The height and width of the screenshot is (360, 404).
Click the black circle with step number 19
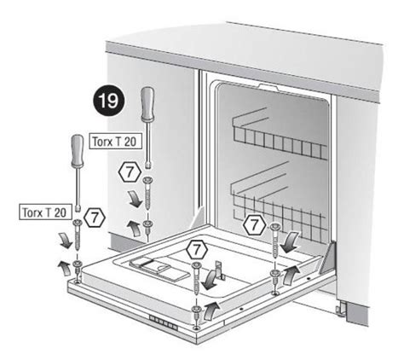pos(109,101)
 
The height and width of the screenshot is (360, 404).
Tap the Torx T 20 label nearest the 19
pos(115,141)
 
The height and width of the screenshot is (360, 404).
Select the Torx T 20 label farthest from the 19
pos(45,212)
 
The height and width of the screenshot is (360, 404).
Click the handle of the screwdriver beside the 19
pos(147,103)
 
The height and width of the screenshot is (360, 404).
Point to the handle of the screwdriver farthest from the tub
pos(78,151)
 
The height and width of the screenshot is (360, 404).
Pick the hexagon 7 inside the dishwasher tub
pos(255,224)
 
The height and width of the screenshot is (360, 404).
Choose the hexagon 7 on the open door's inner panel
pos(197,250)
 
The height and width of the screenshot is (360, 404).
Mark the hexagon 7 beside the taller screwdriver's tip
pos(130,172)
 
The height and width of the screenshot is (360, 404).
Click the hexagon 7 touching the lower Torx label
pos(95,218)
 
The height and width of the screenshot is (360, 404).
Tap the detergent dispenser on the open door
pos(159,268)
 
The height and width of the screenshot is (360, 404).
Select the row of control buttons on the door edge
pos(164,323)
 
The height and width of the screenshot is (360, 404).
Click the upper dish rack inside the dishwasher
pos(280,135)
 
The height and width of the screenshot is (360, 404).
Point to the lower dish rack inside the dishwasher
pos(280,205)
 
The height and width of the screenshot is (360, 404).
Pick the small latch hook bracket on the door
pos(220,270)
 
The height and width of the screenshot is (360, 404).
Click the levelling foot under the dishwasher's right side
pos(340,309)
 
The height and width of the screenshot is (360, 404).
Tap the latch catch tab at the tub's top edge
pos(268,87)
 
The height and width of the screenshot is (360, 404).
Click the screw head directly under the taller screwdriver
pos(147,180)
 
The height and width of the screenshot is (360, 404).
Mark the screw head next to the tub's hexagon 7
pos(274,227)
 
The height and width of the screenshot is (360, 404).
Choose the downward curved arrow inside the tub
pos(290,241)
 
